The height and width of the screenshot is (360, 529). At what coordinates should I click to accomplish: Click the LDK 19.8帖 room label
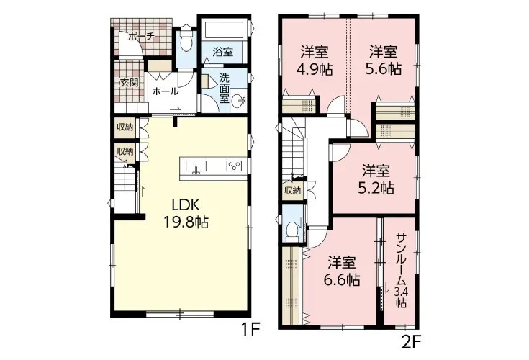tap(186, 213)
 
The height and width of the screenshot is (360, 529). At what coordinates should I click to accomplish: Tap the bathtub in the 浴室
tap(224, 31)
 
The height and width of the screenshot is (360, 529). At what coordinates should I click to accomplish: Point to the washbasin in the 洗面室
tap(239, 100)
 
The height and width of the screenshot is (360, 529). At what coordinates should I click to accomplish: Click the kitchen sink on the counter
tap(196, 166)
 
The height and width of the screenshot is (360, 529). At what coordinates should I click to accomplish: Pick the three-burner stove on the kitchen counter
tap(234, 166)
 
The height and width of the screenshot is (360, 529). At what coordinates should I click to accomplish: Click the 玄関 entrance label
tap(130, 83)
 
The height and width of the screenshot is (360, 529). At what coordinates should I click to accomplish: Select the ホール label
tap(165, 91)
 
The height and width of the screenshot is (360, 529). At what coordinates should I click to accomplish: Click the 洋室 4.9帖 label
tap(315, 61)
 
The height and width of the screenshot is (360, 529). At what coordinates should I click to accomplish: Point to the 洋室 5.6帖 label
tap(383, 60)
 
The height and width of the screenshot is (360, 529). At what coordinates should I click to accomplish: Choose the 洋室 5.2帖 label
tap(376, 179)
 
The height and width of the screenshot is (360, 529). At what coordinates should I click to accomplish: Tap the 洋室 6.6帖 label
tap(341, 271)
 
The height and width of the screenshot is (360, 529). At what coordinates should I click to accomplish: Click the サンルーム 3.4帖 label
tap(401, 270)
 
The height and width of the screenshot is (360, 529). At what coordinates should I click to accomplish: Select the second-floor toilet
tap(291, 230)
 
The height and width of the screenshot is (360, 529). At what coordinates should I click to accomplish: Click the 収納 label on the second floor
tap(292, 191)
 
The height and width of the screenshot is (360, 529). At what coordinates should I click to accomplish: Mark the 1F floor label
tap(250, 328)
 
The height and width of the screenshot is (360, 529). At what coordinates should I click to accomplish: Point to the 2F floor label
tap(411, 342)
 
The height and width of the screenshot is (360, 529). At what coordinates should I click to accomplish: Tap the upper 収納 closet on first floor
tap(125, 127)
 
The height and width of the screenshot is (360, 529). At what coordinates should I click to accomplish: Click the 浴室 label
tap(222, 52)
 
